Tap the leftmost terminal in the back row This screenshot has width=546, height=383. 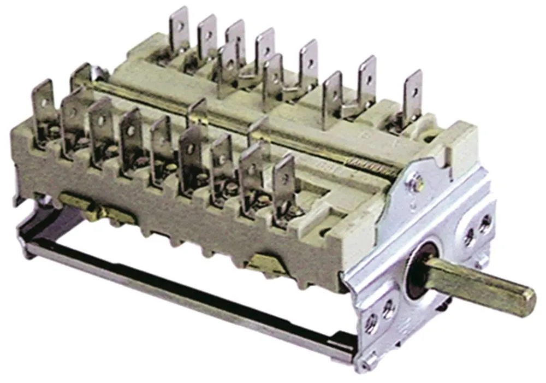click(179, 30)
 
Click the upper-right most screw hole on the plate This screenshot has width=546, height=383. click(485, 221)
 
